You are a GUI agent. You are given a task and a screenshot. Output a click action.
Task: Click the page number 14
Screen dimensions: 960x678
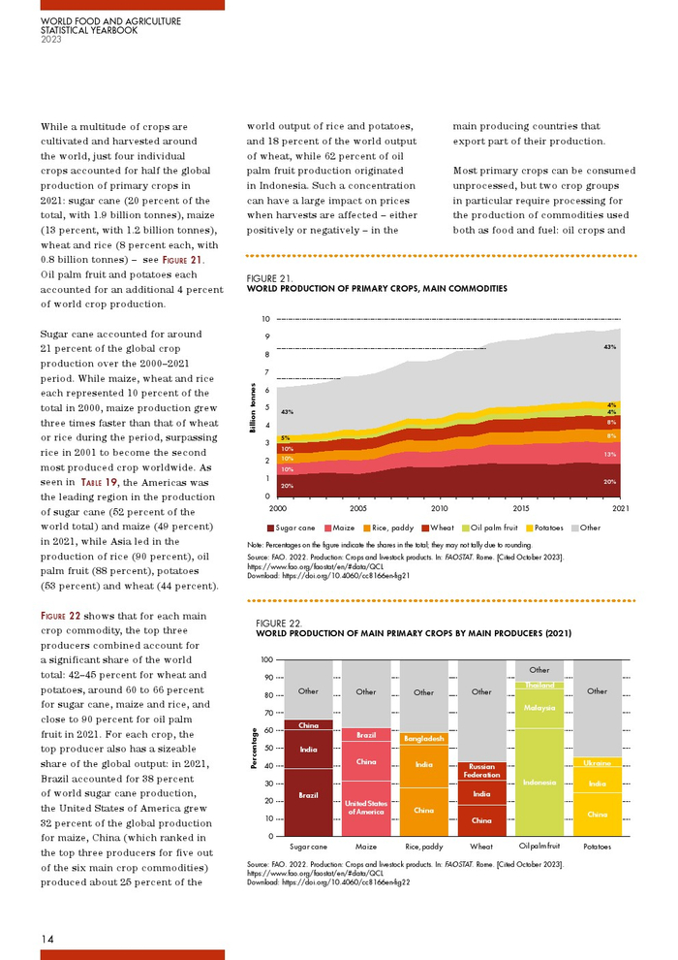47,938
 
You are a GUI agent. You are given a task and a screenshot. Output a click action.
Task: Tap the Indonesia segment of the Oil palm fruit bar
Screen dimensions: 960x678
539,782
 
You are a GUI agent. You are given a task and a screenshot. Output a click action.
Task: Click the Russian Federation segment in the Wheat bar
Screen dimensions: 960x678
481,771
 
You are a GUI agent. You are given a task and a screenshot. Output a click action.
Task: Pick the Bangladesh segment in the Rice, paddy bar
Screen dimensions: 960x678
423,738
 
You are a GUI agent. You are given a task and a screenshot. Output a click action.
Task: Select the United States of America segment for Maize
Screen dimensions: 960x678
366,807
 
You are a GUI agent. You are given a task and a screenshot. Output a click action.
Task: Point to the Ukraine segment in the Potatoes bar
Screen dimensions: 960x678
598,763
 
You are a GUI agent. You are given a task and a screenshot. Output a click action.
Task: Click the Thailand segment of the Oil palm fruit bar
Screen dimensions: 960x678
539,685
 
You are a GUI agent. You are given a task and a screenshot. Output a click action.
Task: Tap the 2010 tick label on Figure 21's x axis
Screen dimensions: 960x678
439,508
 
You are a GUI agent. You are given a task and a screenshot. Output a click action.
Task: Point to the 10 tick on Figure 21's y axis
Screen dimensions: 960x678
265,319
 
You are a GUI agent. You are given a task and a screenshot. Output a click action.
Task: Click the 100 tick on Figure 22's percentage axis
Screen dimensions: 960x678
265,659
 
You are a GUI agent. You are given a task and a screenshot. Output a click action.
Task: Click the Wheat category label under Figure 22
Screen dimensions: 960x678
481,847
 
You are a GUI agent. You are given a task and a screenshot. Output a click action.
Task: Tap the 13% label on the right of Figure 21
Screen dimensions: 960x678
610,454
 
